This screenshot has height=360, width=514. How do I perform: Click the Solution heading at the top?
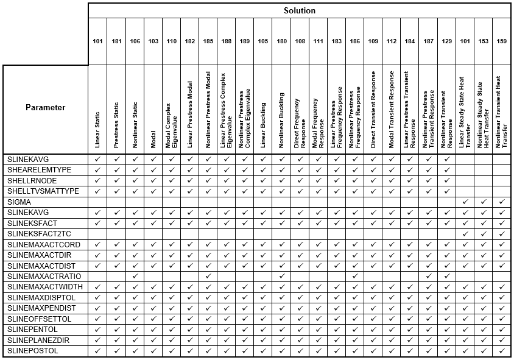[x=299, y=11]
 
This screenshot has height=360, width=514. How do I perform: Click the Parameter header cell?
[x=45, y=108]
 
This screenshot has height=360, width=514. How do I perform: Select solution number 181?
[x=116, y=41]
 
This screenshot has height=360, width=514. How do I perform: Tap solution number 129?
[x=446, y=41]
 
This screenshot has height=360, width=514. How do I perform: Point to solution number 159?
[x=501, y=41]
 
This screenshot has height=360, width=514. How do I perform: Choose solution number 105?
[x=263, y=41]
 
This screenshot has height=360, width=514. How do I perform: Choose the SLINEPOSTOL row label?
[x=32, y=351]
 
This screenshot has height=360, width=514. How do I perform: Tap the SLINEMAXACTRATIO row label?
[x=39, y=276]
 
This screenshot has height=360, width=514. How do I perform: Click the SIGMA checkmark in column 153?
[x=483, y=202]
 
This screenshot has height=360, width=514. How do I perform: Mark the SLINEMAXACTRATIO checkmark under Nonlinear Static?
[x=135, y=276]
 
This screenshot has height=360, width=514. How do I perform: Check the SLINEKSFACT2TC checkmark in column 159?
[x=501, y=233]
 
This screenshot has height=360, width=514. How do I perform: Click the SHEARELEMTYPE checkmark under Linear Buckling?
[x=263, y=169]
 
